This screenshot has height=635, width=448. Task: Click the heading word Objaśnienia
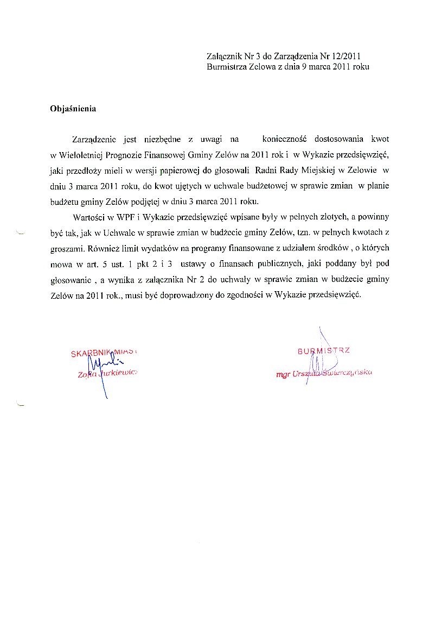point(73,109)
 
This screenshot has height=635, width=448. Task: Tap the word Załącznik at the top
point(225,56)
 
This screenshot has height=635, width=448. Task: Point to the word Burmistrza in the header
point(226,67)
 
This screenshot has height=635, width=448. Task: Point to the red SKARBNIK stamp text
point(92,354)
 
